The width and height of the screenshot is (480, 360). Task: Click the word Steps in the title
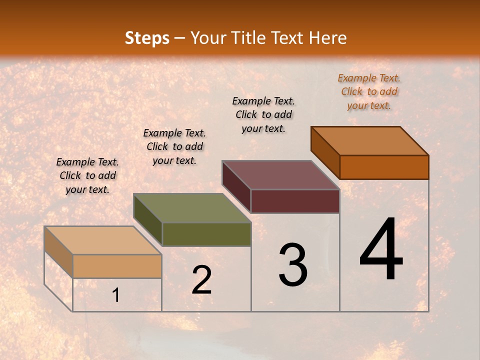(147, 38)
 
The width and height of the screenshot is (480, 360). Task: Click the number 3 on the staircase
(293, 264)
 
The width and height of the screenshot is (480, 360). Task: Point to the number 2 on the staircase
(201, 279)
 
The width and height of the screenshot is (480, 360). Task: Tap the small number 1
(116, 295)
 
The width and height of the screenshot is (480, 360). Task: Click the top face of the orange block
(370, 141)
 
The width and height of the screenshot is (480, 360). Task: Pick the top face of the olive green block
(192, 208)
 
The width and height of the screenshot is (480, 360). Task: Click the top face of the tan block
(103, 240)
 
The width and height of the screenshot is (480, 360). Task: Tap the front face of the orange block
(384, 167)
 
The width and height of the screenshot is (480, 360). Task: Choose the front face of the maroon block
(295, 201)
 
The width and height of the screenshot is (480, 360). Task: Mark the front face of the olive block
(206, 234)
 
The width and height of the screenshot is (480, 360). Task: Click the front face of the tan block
(117, 266)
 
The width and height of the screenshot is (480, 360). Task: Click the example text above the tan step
(87, 175)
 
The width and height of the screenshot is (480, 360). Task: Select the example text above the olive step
(174, 146)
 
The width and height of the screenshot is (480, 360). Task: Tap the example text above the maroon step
(263, 114)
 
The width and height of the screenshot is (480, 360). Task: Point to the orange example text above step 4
(369, 91)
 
